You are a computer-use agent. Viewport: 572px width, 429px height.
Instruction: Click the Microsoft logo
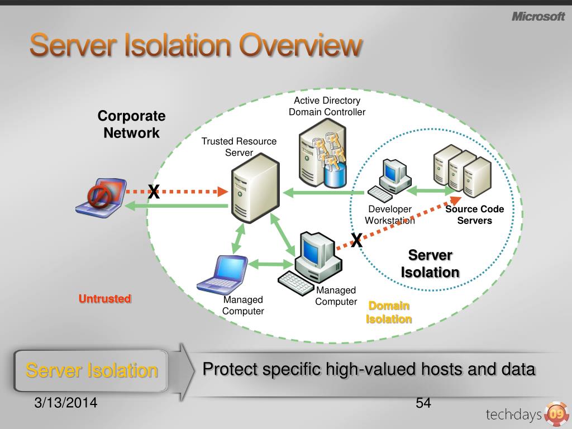(538, 17)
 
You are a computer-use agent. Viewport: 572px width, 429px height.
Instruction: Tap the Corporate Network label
(131, 125)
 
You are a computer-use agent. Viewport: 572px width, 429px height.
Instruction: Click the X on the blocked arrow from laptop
(154, 192)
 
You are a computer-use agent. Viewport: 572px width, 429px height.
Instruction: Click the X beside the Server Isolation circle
(356, 241)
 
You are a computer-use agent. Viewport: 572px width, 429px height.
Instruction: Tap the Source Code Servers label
(474, 214)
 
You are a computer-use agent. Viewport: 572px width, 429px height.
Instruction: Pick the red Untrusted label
(104, 299)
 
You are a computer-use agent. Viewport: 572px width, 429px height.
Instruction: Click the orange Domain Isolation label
(389, 312)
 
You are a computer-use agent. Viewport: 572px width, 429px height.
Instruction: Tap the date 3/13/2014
(65, 402)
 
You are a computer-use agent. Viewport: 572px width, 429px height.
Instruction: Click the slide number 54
(423, 403)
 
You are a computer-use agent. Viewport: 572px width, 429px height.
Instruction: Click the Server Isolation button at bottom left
(92, 370)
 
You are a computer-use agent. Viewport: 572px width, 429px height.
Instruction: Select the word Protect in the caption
(230, 369)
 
